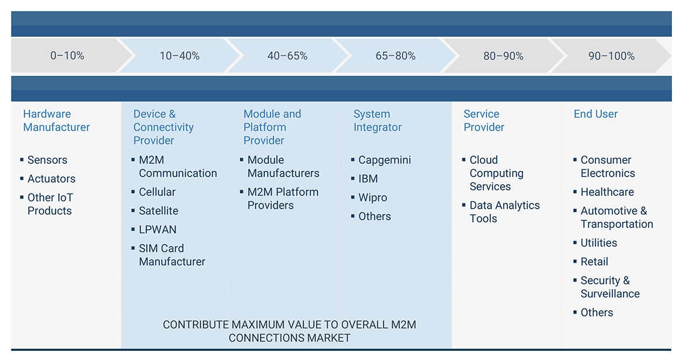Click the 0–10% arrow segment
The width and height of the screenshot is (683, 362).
(x=67, y=56)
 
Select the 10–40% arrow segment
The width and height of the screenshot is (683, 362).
(x=179, y=56)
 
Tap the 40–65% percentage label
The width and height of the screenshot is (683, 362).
(x=287, y=56)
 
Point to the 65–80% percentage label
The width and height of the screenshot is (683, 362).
(x=395, y=56)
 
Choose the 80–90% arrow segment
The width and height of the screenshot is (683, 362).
(x=503, y=56)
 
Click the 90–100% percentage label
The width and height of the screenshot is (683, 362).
(x=611, y=56)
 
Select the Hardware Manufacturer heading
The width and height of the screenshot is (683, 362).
(x=57, y=121)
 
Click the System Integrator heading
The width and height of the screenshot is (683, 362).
(x=378, y=121)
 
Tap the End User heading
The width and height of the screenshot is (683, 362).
(x=595, y=114)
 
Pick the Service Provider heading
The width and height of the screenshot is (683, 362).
(x=484, y=121)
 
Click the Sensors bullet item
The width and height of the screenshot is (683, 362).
(x=47, y=160)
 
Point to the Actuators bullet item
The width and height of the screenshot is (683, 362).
(x=51, y=179)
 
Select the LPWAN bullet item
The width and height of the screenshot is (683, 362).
(x=158, y=230)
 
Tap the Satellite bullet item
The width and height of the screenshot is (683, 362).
(x=159, y=211)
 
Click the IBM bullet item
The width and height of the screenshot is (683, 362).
(x=368, y=179)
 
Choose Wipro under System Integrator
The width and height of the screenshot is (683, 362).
(x=372, y=198)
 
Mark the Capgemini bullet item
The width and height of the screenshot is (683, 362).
(x=385, y=160)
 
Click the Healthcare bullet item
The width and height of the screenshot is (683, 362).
(x=607, y=192)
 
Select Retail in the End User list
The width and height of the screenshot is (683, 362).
(x=594, y=262)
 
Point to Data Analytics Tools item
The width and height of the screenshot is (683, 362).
(x=504, y=212)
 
